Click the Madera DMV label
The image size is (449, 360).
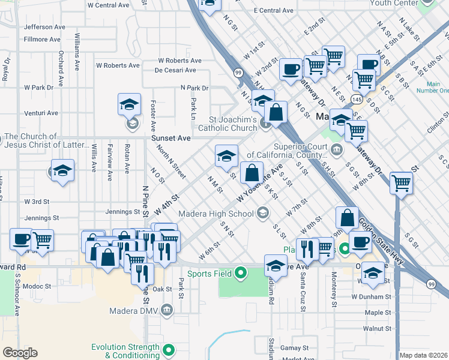point(133,311)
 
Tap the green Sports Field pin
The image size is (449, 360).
point(241,274)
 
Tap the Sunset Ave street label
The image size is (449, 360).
point(170,138)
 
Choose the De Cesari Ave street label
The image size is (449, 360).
point(175,70)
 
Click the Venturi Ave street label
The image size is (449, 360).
point(41,113)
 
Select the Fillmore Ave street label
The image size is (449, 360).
point(42,40)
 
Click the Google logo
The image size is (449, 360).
point(20,353)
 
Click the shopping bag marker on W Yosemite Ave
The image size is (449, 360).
point(252,173)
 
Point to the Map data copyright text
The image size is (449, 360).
point(423,355)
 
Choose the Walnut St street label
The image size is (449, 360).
point(377,329)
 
